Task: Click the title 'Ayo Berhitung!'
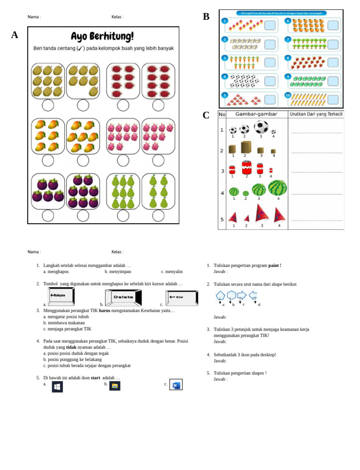(x=102, y=37)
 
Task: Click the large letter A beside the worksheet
(x=15, y=35)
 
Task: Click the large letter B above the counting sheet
(x=206, y=17)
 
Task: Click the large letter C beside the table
(x=206, y=115)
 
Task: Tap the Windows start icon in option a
(x=57, y=387)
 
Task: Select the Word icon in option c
(x=176, y=385)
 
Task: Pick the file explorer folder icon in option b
(x=115, y=386)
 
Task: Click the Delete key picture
(x=123, y=297)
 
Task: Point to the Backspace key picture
(x=61, y=296)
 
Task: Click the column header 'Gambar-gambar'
(x=256, y=114)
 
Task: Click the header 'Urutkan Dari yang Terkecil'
(x=315, y=114)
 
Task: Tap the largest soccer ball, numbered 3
(x=261, y=127)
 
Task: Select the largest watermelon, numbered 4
(x=277, y=188)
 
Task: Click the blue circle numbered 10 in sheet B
(x=288, y=95)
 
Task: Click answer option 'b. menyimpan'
(x=118, y=272)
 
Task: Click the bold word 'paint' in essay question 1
(x=274, y=265)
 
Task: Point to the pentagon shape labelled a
(x=220, y=296)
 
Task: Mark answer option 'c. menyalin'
(x=172, y=272)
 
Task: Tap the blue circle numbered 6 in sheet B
(x=288, y=21)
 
